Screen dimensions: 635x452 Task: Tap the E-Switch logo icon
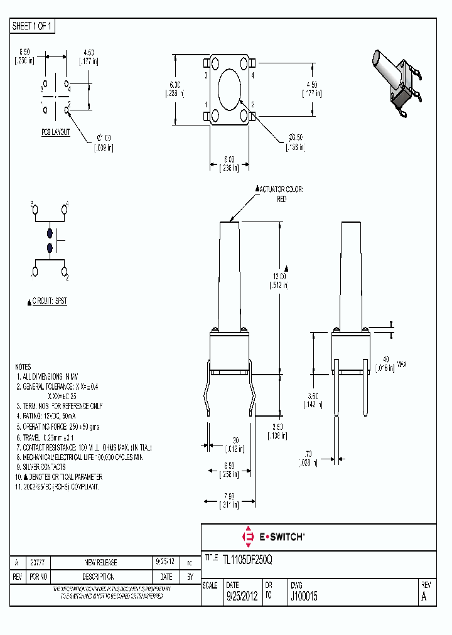point(247,536)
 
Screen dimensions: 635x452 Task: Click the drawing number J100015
point(303,597)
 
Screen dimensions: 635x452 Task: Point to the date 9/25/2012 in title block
point(242,597)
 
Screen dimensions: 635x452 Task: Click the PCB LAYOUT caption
point(56,132)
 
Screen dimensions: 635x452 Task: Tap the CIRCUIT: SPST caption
point(49,301)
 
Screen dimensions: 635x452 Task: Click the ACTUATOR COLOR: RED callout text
point(281,194)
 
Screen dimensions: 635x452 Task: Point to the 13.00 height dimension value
point(279,276)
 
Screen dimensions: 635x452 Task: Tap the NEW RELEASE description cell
point(101,562)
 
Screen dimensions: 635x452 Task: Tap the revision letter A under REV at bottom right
point(424,597)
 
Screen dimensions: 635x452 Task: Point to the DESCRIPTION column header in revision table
point(101,576)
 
